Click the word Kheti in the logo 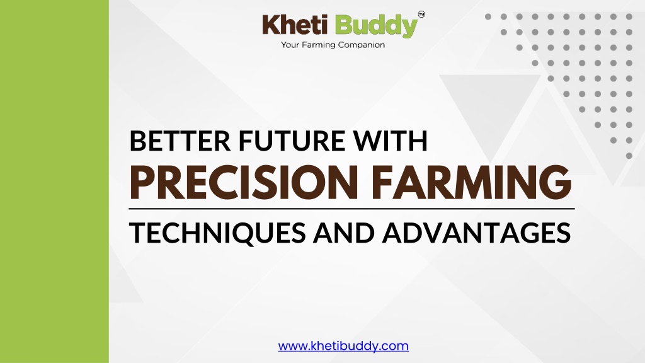click(x=295, y=25)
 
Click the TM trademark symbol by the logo click(x=421, y=14)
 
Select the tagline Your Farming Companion click(x=333, y=45)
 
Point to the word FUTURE click(x=291, y=141)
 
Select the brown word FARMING click(x=471, y=182)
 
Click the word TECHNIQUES click(x=217, y=233)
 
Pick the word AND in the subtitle click(x=344, y=233)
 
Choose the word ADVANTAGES click(x=476, y=233)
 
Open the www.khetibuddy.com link click(x=343, y=346)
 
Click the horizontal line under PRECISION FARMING click(x=351, y=209)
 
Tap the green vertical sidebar click(x=54, y=181)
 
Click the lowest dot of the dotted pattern click(x=629, y=156)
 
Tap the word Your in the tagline click(x=290, y=45)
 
